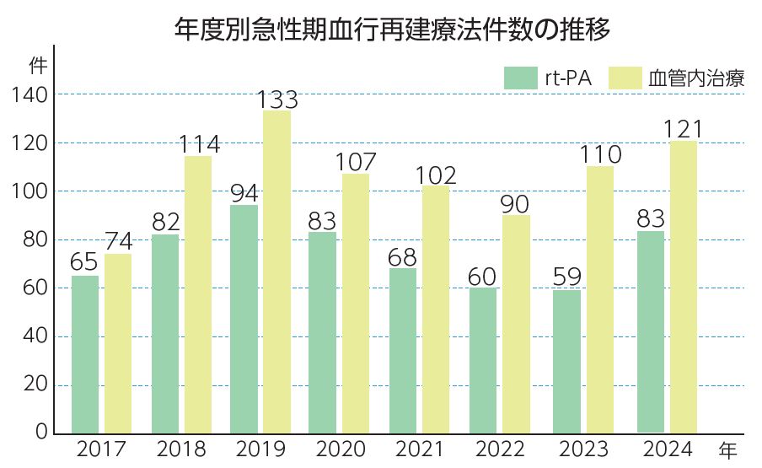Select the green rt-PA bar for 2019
point(244,319)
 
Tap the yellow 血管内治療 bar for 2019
point(276,272)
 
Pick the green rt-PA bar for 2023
point(567,361)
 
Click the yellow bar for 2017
point(118,343)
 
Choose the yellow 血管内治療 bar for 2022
point(516,324)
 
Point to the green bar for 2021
point(403,350)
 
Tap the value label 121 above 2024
point(684,130)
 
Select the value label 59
point(567,277)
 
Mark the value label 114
point(199,144)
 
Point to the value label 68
point(403,256)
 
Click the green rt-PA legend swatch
point(521,78)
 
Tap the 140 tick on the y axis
point(32,94)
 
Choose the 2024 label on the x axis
point(666,449)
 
